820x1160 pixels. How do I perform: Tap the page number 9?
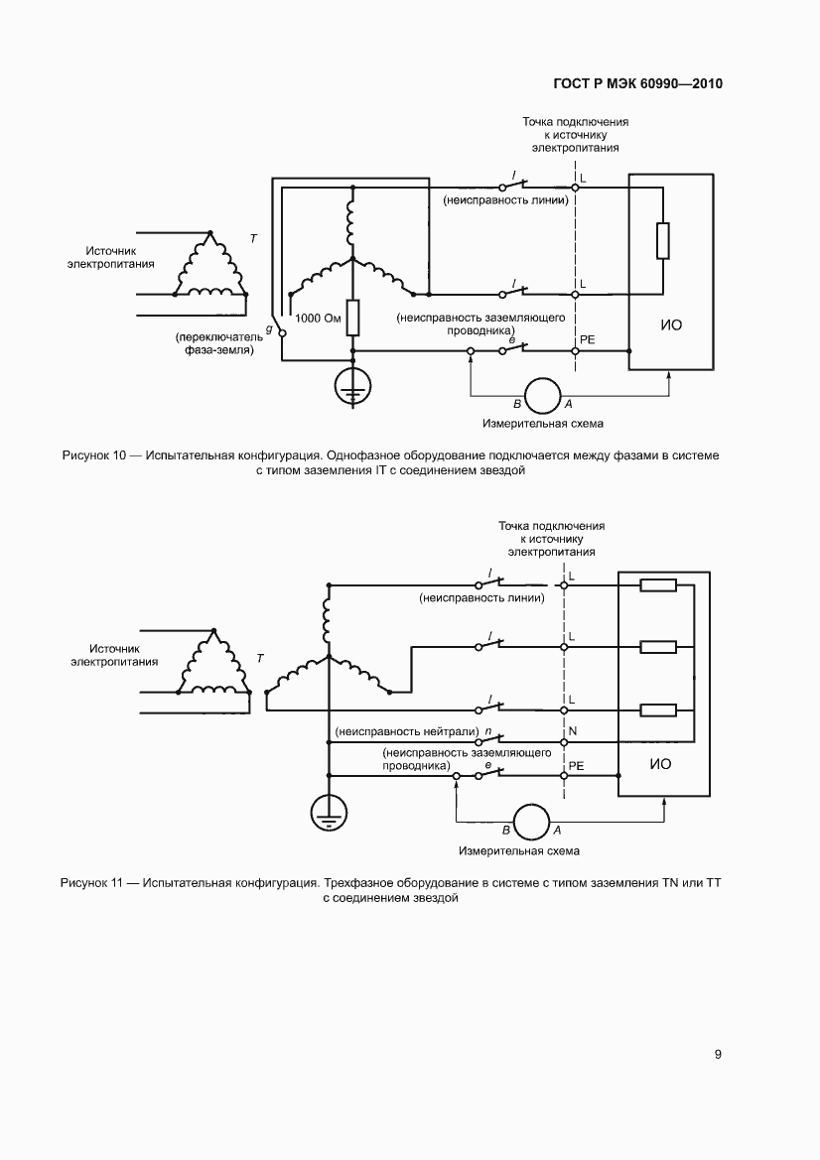tap(718, 1054)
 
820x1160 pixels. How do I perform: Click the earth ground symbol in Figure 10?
tap(352, 387)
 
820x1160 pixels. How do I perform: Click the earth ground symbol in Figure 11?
tap(328, 812)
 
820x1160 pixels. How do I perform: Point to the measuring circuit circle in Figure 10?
tap(542, 395)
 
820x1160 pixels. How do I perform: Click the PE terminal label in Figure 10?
tap(587, 339)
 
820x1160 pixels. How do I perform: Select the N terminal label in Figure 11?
tap(572, 730)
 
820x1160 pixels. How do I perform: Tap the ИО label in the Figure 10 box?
tap(671, 324)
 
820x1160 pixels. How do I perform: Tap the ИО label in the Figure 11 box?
tap(659, 764)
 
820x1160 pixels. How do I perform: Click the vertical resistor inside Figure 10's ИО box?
tap(663, 240)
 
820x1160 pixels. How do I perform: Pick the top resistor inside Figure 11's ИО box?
tap(658, 585)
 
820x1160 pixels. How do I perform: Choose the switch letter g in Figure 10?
tap(270, 326)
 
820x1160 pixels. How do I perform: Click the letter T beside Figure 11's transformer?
tap(260, 658)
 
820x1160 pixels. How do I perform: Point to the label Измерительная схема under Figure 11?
tap(519, 850)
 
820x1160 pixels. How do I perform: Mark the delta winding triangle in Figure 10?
tap(209, 268)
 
